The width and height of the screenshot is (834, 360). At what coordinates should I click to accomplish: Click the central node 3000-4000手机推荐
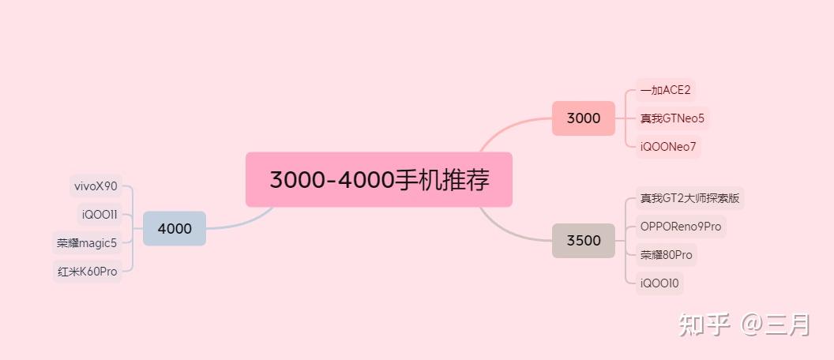pyautogui.click(x=379, y=180)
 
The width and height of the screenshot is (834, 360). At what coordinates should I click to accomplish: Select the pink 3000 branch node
pyautogui.click(x=584, y=118)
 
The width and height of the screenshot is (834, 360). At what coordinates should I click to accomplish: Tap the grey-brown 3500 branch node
pyautogui.click(x=584, y=240)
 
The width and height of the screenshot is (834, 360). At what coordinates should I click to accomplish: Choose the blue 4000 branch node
pyautogui.click(x=175, y=228)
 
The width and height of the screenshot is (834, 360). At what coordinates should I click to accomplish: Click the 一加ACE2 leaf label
pyautogui.click(x=666, y=90)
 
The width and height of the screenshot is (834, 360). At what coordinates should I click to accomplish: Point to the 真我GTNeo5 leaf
pyautogui.click(x=672, y=119)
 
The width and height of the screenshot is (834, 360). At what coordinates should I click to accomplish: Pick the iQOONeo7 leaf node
pyautogui.click(x=668, y=147)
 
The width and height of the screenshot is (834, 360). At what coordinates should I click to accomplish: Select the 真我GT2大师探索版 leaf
pyautogui.click(x=690, y=198)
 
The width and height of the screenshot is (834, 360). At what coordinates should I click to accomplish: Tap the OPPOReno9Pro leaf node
pyautogui.click(x=681, y=227)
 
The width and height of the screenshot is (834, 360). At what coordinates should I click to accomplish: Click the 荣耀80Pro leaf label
pyautogui.click(x=667, y=255)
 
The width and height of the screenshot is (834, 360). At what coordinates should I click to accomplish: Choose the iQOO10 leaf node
pyautogui.click(x=659, y=283)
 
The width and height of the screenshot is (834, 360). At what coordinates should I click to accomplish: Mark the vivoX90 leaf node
pyautogui.click(x=96, y=186)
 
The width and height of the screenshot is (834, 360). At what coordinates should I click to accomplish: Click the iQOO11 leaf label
pyautogui.click(x=100, y=214)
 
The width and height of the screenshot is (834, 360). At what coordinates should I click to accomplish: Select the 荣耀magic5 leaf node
pyautogui.click(x=87, y=242)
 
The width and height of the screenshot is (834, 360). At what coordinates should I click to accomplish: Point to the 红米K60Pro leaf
pyautogui.click(x=87, y=271)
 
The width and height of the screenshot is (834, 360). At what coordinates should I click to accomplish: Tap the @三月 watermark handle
pyautogui.click(x=776, y=324)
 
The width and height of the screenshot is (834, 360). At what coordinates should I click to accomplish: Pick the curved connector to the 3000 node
pyautogui.click(x=513, y=126)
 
